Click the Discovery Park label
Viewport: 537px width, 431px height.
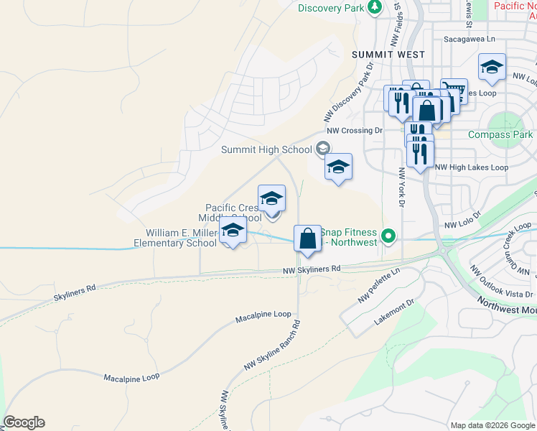[x=330, y=8]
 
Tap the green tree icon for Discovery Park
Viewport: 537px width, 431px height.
[x=374, y=7]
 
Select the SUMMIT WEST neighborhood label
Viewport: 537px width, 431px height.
[x=388, y=55]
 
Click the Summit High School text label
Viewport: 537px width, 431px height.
[x=266, y=149]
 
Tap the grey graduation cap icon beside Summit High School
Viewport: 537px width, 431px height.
[x=322, y=149]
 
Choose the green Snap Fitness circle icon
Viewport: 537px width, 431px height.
[x=388, y=235]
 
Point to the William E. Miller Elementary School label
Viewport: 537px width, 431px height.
[x=181, y=238]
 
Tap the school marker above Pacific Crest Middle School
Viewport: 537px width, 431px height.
[x=271, y=198]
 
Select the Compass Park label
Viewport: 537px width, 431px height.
[x=500, y=134]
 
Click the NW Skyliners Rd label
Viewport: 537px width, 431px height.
[x=311, y=269]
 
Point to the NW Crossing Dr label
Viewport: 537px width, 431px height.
[x=355, y=131]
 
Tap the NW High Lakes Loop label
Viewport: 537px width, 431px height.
[x=472, y=167]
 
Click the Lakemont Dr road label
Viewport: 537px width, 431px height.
[x=394, y=315]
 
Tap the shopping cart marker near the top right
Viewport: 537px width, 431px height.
[x=453, y=91]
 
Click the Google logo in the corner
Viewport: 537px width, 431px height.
[x=24, y=422]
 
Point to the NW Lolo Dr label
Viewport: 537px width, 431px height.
[x=461, y=225]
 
